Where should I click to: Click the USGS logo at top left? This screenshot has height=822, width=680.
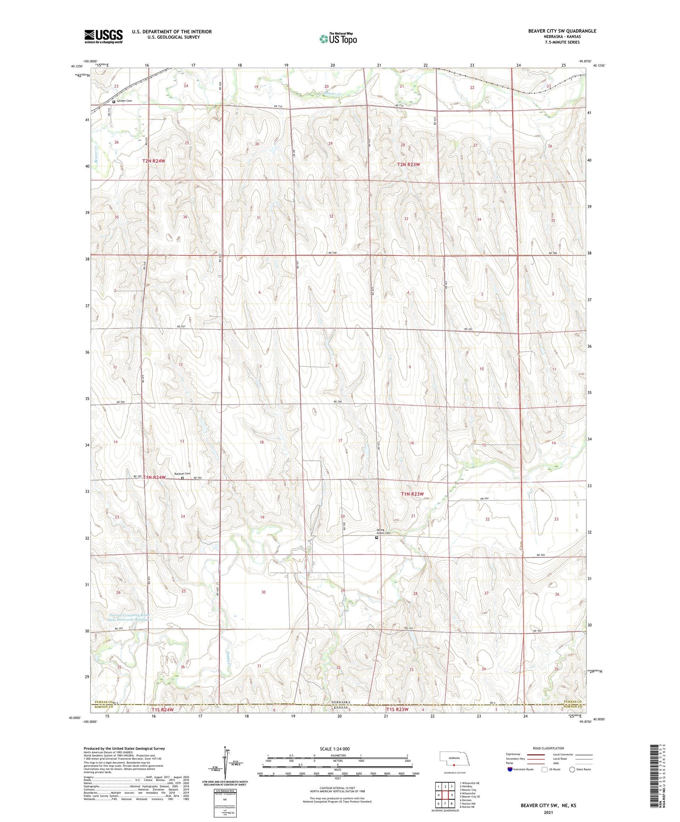pyautogui.click(x=103, y=36)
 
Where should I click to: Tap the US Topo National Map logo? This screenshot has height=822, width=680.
pyautogui.click(x=338, y=39)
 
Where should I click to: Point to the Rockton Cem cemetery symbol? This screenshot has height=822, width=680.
pyautogui.click(x=182, y=478)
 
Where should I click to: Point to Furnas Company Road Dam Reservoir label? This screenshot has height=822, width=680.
pyautogui.click(x=129, y=617)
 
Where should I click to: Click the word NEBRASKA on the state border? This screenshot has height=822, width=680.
pyautogui.click(x=344, y=702)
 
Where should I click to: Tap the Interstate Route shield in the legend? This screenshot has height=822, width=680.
pyautogui.click(x=510, y=769)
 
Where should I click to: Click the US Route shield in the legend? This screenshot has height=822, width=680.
pyautogui.click(x=544, y=769)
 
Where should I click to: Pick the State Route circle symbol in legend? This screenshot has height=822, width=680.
pyautogui.click(x=572, y=769)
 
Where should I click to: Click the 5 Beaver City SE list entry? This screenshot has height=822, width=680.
pyautogui.click(x=469, y=796)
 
